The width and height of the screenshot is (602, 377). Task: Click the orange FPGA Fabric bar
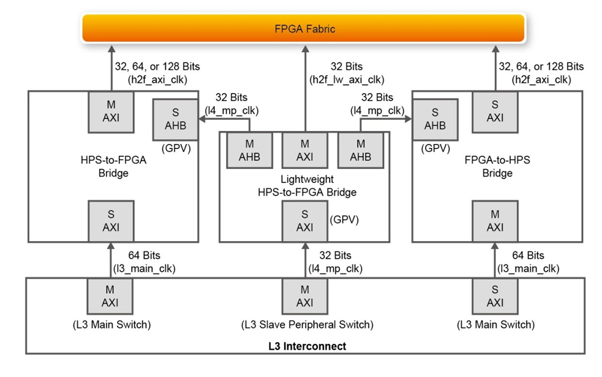[x=304, y=29]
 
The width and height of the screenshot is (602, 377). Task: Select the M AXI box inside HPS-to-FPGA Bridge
[x=111, y=111]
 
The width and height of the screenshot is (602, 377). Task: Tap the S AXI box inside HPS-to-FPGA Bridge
[x=111, y=221]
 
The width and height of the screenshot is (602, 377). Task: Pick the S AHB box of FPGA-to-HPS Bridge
[x=435, y=118]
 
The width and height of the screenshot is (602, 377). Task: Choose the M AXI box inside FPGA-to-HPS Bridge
[x=495, y=221]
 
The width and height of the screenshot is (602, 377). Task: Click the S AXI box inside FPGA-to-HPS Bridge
[x=495, y=111]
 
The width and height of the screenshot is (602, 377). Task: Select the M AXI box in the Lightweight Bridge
[x=304, y=151]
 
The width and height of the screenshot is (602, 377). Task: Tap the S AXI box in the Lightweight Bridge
[x=304, y=221]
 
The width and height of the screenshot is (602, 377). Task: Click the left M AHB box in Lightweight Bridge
[x=249, y=151]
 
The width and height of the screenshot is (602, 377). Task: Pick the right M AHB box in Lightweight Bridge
[x=360, y=151]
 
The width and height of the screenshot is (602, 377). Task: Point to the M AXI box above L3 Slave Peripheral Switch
[x=304, y=296]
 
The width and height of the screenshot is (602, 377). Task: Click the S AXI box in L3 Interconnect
[x=495, y=296]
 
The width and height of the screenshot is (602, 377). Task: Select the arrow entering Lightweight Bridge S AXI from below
[x=304, y=259]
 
